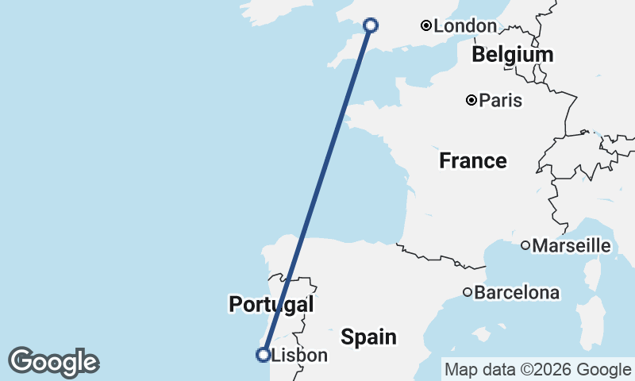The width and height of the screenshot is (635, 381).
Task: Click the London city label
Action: [x=465, y=26]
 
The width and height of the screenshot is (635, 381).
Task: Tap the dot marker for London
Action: [x=426, y=26]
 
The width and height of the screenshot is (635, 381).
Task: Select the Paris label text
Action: [x=501, y=101]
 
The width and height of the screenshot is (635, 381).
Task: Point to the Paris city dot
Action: [x=471, y=100]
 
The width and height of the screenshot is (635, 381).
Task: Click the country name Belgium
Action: [x=512, y=56]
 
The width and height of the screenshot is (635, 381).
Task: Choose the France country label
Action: [x=473, y=161]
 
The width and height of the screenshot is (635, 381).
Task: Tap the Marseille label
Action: [x=571, y=246]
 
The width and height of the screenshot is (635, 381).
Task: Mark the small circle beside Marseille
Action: [x=525, y=246]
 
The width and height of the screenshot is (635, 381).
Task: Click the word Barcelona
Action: [x=517, y=293]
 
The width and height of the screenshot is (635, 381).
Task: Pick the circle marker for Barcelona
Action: [x=468, y=292]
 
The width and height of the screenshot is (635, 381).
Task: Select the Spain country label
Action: [x=368, y=337]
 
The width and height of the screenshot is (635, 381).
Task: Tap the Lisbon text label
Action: [x=299, y=356]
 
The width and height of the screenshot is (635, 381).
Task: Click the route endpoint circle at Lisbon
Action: [x=263, y=355]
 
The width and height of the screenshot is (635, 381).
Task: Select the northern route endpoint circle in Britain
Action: [x=371, y=25]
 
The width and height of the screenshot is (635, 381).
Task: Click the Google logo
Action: [x=53, y=362]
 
